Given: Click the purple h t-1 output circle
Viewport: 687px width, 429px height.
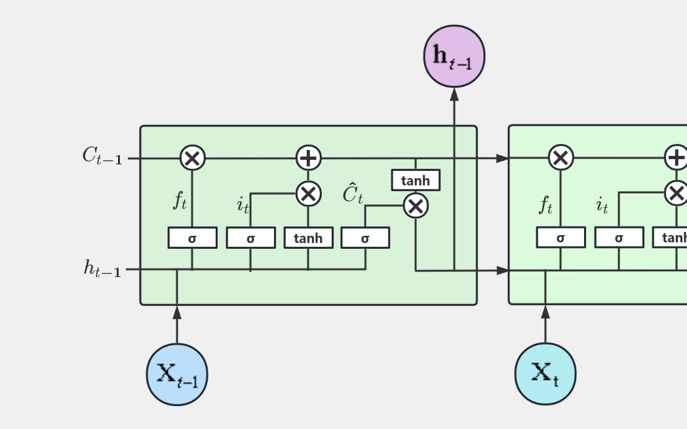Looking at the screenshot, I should pos(454,56).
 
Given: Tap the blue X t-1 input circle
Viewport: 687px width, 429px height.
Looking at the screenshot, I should pos(177,375).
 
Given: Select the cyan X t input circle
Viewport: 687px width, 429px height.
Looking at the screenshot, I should pos(545,374).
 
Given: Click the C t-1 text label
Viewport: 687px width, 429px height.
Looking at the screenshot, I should pos(102,156).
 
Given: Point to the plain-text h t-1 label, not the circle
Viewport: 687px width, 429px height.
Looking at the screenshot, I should pos(102,268).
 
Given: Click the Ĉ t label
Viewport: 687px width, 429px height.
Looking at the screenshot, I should pos(353,194).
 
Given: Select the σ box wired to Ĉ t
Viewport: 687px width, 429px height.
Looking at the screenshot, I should pos(365,238).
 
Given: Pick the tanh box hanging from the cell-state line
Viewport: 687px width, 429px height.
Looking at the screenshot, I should pos(416,180).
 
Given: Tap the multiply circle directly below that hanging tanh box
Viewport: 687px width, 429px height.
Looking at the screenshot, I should pos(416,206).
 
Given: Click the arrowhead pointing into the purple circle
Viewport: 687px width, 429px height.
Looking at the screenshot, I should pos(454,94).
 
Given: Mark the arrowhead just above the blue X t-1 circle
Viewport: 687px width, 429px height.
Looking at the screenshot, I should pos(177,312).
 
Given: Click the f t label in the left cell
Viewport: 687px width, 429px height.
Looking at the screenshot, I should pos(180,201).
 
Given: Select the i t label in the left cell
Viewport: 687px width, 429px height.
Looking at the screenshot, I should pos(243,205).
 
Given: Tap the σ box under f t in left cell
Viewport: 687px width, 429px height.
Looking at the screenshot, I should pos(193,238).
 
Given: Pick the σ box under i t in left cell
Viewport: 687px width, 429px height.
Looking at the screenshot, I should pos(250,238).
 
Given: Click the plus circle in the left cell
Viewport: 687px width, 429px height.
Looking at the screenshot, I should pos(308,158).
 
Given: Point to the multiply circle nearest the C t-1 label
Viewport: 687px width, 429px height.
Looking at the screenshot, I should pos(193,158).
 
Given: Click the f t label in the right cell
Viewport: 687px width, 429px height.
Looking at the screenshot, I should pos(546,205).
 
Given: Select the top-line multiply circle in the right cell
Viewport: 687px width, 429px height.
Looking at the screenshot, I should pos(560,158).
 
